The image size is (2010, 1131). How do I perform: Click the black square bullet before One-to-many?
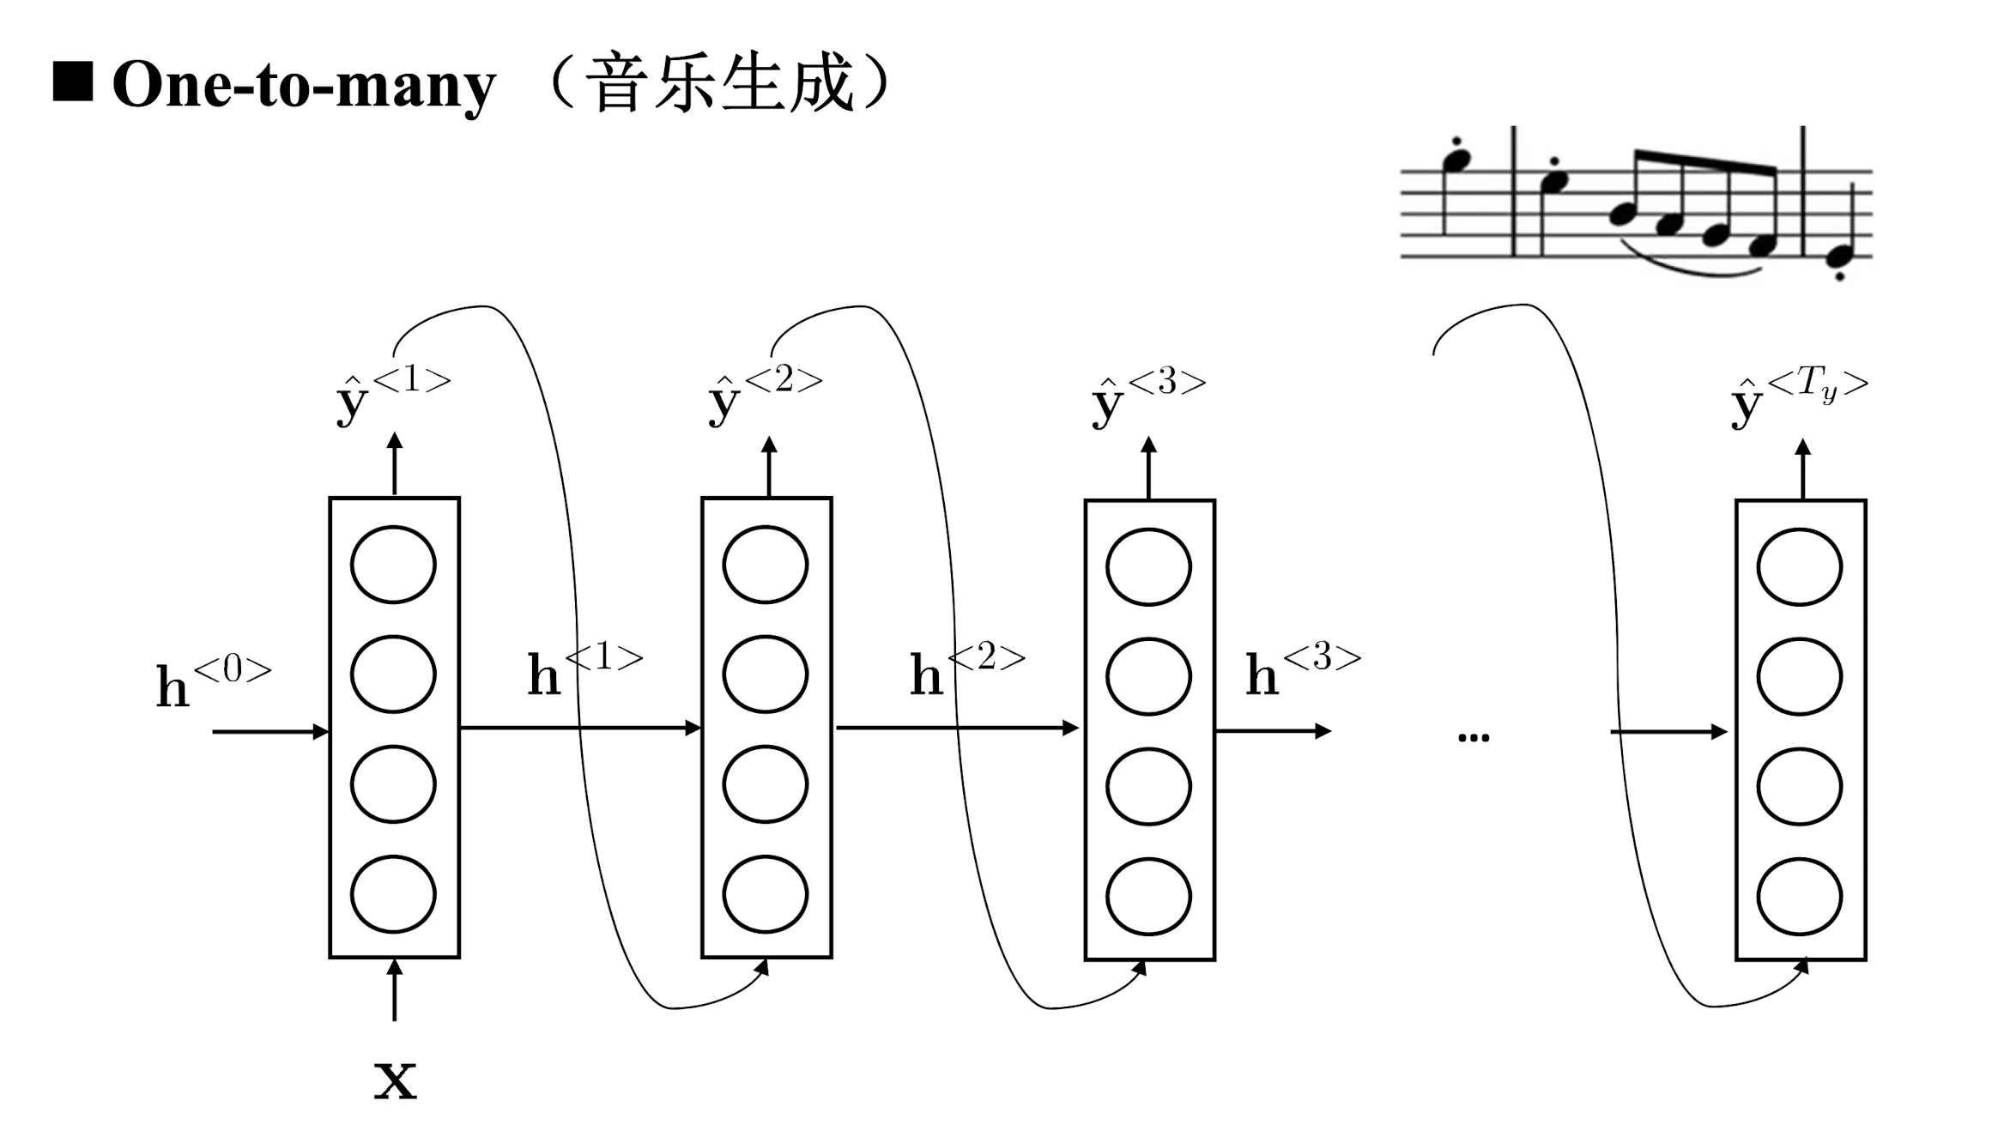[x=73, y=82]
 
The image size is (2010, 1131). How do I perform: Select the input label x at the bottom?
[x=395, y=1079]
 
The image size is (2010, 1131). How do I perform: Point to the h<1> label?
[x=584, y=671]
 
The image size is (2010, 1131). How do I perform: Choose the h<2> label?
[x=966, y=671]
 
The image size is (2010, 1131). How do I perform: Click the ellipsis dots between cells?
[x=1473, y=736]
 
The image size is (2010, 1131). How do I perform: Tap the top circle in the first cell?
[x=393, y=565]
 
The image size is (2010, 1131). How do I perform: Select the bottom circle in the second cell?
[x=765, y=894]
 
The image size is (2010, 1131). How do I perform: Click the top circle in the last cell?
[x=1799, y=567]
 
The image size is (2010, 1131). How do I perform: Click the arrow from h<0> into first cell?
[x=270, y=731]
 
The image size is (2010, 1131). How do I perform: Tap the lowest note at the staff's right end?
[x=1839, y=255]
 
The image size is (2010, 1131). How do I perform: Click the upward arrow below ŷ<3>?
[x=1149, y=468]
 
